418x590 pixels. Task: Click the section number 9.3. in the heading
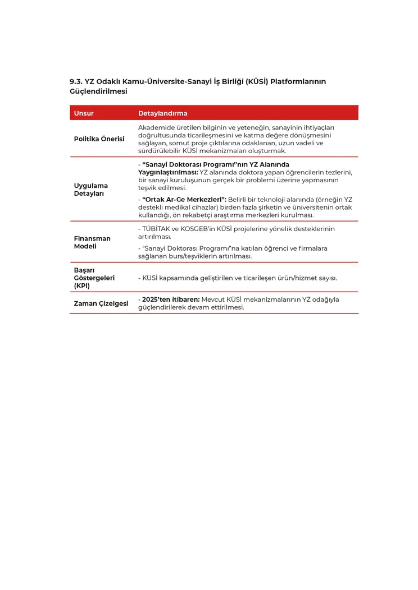tap(76, 82)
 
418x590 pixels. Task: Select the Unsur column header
tap(84, 113)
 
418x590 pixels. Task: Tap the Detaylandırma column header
tap(163, 113)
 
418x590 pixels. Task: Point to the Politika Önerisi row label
tap(99, 139)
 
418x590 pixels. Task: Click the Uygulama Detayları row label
tap(91, 190)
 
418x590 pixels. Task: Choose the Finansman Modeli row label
tap(92, 242)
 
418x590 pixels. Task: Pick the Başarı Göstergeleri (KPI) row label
tap(94, 278)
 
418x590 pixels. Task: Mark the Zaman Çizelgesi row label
tap(101, 303)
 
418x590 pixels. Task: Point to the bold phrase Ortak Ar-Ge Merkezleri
tap(183, 200)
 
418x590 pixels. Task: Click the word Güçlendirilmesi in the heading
tap(98, 91)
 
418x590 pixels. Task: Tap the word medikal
tap(183, 208)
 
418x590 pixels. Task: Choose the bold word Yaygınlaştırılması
tap(167, 172)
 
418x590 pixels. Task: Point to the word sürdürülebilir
tap(160, 151)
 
